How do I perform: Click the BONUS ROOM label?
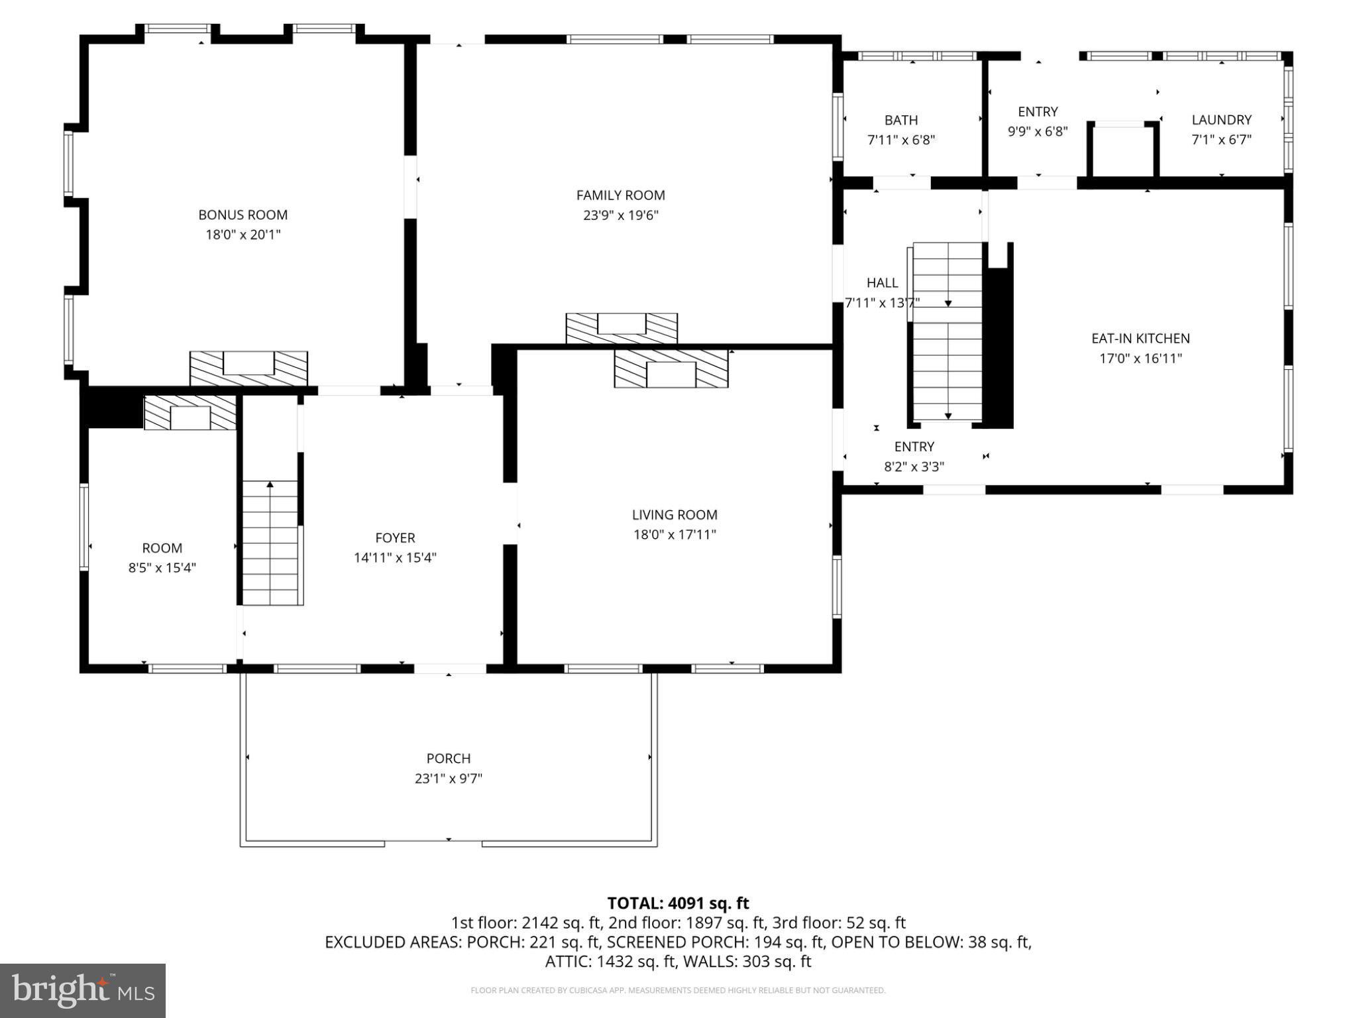tap(243, 215)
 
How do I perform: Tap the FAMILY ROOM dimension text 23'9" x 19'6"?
tap(620, 215)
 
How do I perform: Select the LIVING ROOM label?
tap(674, 515)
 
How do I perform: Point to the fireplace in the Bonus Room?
tap(248, 368)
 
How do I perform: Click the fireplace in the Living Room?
tap(671, 369)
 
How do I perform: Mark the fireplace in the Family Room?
tap(622, 328)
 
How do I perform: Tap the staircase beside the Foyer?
tap(270, 543)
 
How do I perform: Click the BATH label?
tap(901, 121)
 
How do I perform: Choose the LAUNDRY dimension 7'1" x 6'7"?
tap(1221, 140)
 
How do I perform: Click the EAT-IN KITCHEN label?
tap(1140, 339)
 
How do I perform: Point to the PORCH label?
tap(448, 758)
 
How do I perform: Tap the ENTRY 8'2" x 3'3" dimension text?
tap(914, 467)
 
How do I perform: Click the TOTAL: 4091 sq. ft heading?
tap(678, 903)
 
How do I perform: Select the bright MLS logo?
tap(83, 990)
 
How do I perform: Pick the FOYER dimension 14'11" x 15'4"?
tap(395, 558)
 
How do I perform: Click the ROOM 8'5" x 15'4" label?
tap(162, 548)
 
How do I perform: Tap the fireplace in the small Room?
tap(190, 413)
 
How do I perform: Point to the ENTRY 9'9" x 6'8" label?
tap(1038, 112)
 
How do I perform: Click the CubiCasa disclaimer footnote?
tap(678, 991)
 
